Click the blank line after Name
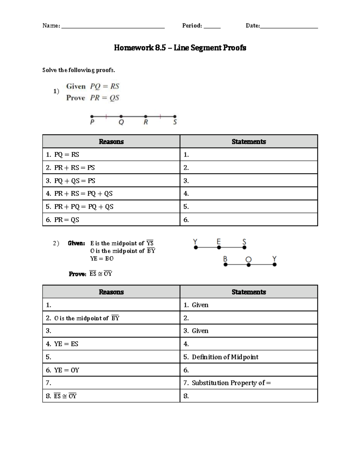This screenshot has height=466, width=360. [113, 27]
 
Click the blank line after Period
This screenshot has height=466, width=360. [212, 27]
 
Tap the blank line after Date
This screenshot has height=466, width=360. [289, 27]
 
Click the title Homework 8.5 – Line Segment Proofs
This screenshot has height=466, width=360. [180, 48]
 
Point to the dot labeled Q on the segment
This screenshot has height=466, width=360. [121, 116]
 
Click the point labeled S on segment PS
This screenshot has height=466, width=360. [175, 116]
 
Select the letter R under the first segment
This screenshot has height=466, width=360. [146, 122]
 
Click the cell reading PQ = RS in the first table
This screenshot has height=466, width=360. [111, 155]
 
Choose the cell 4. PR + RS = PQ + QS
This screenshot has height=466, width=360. [111, 194]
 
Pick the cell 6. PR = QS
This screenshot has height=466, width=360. [111, 220]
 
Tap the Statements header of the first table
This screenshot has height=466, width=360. [249, 142]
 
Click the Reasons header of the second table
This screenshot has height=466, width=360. [111, 292]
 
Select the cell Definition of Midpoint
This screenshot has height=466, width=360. [249, 357]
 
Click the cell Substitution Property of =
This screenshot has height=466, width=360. [249, 383]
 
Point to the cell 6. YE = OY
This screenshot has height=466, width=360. [111, 370]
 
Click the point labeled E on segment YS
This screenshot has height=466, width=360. [219, 248]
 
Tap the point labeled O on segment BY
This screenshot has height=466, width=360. [249, 265]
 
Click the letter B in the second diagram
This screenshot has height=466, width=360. [225, 259]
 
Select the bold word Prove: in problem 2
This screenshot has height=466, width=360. [77, 274]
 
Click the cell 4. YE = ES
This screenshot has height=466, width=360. [111, 344]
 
